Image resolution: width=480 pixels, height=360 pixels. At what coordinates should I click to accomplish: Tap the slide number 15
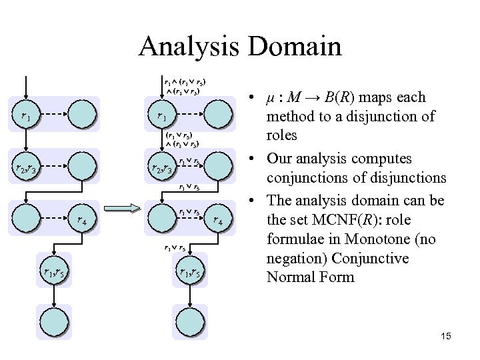(445, 337)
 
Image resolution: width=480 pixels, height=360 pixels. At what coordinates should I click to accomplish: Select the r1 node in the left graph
(26, 114)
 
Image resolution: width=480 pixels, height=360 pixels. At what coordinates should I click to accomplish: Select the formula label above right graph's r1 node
(183, 85)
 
